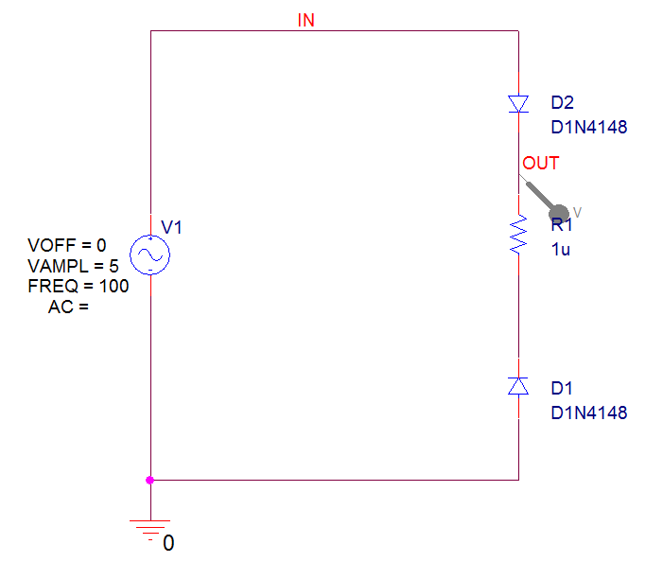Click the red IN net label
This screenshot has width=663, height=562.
point(305,20)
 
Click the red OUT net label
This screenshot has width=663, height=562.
point(541,164)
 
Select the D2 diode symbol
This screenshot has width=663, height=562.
point(518,104)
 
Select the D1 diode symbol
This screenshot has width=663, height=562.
point(518,386)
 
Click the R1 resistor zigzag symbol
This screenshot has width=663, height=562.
point(518,235)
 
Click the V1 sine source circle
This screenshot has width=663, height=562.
point(150,255)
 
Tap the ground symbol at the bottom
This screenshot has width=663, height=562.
point(150,530)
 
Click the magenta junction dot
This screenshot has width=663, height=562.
point(149,480)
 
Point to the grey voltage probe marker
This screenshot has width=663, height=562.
point(546,199)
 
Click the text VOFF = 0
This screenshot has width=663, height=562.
point(67,245)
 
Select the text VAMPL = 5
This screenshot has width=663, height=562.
point(73,266)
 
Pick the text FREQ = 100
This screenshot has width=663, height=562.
point(79,287)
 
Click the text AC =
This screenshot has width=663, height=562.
point(68,307)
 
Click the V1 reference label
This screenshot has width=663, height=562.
point(172,227)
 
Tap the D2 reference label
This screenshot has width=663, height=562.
point(563,103)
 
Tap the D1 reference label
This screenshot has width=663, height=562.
point(562,388)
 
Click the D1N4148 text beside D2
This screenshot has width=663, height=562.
point(589,128)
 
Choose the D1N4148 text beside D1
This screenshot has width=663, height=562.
point(589,413)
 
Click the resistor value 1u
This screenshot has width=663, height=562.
point(561,250)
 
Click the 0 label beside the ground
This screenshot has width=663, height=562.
point(168,543)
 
